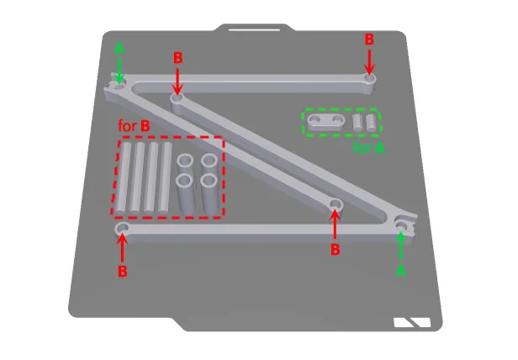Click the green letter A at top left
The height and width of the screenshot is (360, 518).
coord(119,49)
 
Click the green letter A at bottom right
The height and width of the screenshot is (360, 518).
coord(401,270)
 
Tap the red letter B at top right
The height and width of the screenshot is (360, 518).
coord(369,40)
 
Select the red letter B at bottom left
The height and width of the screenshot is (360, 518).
coord(122,272)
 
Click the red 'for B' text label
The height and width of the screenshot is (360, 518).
coord(135,126)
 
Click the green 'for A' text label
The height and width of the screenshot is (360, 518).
coord(368,147)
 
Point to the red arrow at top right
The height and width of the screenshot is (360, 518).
coord(369,61)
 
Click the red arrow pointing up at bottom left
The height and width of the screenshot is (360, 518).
coord(122,247)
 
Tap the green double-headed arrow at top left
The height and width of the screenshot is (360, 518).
coord(119,68)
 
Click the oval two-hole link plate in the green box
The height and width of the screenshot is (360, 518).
coord(326,121)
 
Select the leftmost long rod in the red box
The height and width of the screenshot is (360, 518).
coord(124,177)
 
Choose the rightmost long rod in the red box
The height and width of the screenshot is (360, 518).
coord(165,177)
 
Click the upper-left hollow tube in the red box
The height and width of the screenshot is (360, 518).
coord(185,161)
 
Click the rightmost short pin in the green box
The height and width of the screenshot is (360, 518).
coord(371,123)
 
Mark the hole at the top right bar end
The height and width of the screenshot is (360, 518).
coord(369,78)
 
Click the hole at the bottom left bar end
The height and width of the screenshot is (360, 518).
coord(123,228)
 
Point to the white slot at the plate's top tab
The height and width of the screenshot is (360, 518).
coord(254,30)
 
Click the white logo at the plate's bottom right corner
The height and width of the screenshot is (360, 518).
coord(412,322)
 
